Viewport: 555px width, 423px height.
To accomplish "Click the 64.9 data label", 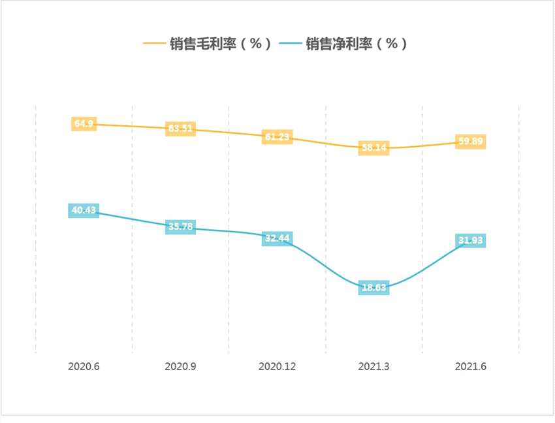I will (84, 123).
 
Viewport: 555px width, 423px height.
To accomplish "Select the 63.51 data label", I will (180, 129).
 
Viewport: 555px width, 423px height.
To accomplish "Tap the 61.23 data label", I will (277, 137).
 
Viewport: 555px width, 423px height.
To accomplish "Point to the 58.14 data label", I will (373, 148).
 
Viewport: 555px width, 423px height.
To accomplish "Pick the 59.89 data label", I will (470, 142).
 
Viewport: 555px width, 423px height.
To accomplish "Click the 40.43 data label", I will (84, 210).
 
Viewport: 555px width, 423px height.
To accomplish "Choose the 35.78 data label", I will (180, 227).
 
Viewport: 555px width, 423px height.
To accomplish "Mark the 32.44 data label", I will (277, 238).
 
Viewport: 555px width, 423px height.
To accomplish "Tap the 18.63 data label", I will (373, 287).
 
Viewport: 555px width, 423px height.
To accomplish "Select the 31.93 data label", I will (470, 241).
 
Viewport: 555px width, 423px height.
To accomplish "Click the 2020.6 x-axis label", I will (84, 366).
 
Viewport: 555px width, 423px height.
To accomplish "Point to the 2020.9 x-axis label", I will (180, 366).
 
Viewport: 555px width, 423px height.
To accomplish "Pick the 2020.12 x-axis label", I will (277, 366).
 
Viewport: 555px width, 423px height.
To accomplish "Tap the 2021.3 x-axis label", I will (373, 366).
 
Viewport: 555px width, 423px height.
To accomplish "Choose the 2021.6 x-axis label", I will (470, 366).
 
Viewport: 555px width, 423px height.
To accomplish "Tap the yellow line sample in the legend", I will (154, 44).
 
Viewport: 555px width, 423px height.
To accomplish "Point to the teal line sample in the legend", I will (289, 44).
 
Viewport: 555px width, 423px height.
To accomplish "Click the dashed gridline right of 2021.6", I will (518, 228).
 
